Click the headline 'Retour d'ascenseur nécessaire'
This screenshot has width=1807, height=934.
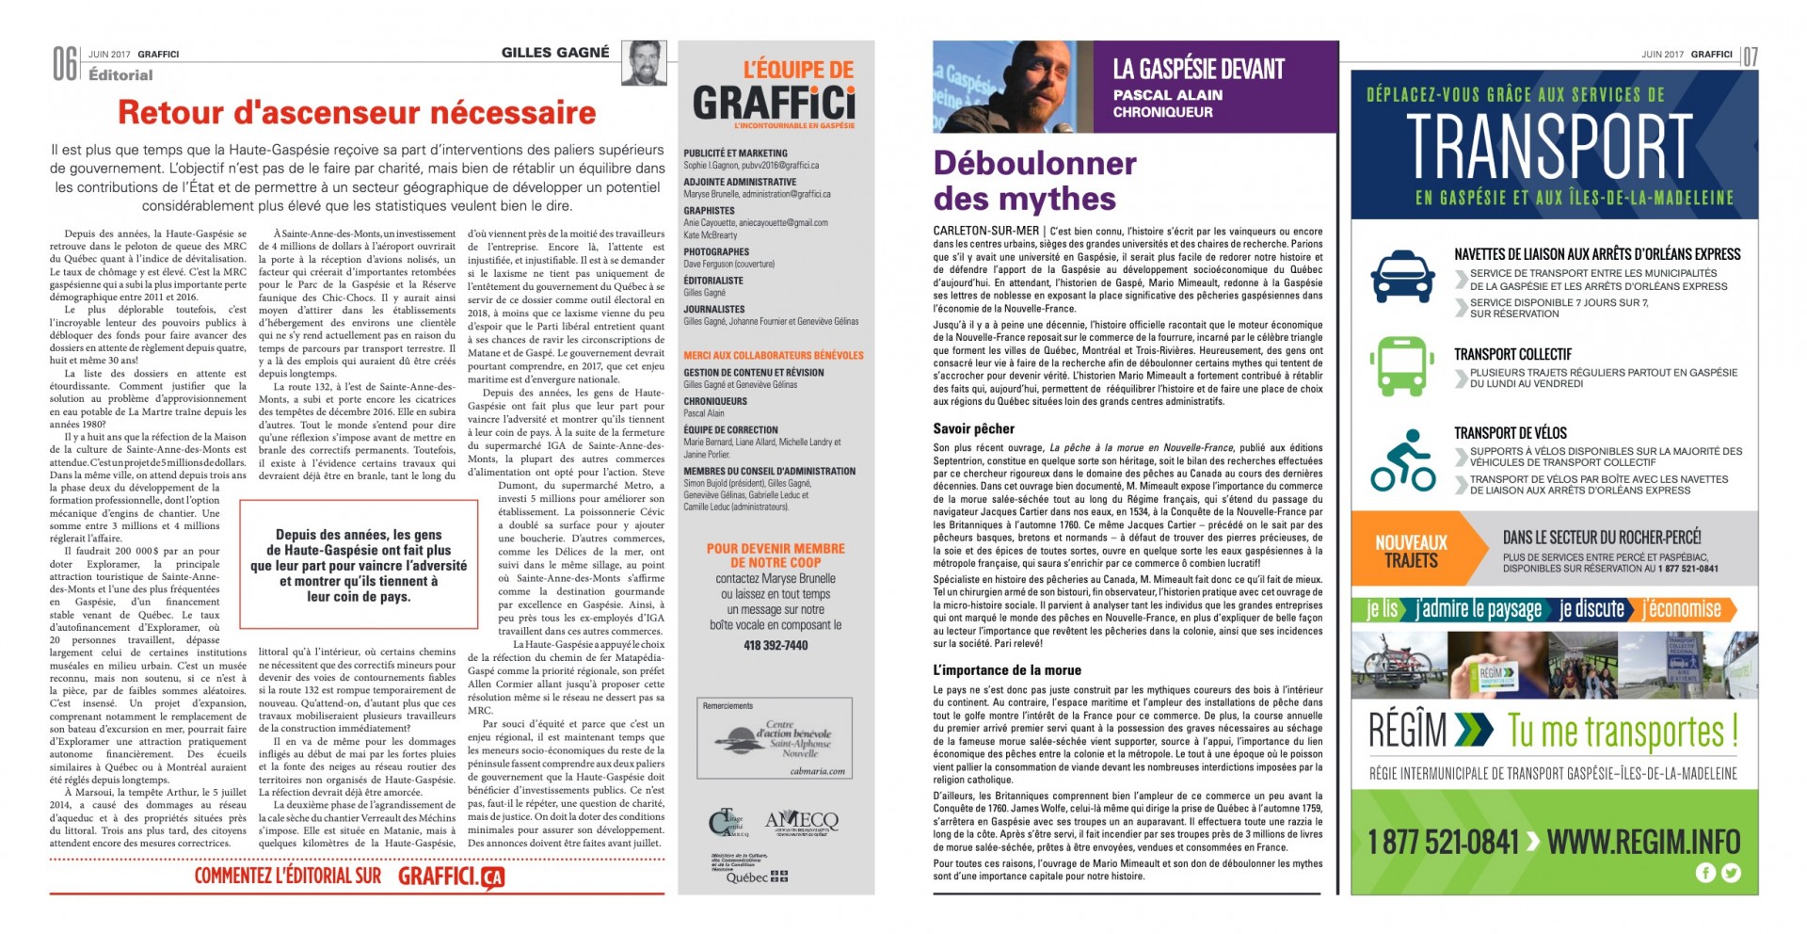pos(357,113)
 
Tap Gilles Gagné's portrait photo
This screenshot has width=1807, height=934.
pos(644,63)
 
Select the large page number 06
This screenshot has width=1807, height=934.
pos(64,64)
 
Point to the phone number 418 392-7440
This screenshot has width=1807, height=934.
pos(776,645)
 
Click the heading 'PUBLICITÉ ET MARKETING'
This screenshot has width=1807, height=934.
pos(735,153)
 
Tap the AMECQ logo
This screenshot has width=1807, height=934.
pos(801,821)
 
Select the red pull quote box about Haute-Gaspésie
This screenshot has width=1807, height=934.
pos(359,564)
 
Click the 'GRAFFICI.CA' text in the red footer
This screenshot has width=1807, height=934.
pos(451,877)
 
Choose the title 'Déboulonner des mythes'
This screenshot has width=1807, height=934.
pos(1034,181)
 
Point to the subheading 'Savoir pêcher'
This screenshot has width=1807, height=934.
pos(973,428)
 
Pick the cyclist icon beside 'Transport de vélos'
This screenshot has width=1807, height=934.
pos(1402,460)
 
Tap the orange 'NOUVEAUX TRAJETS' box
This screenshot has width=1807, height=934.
pos(1411,552)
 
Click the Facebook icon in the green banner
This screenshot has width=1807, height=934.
pos(1705,873)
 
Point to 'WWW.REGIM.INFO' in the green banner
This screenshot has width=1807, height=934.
pos(1643,841)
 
